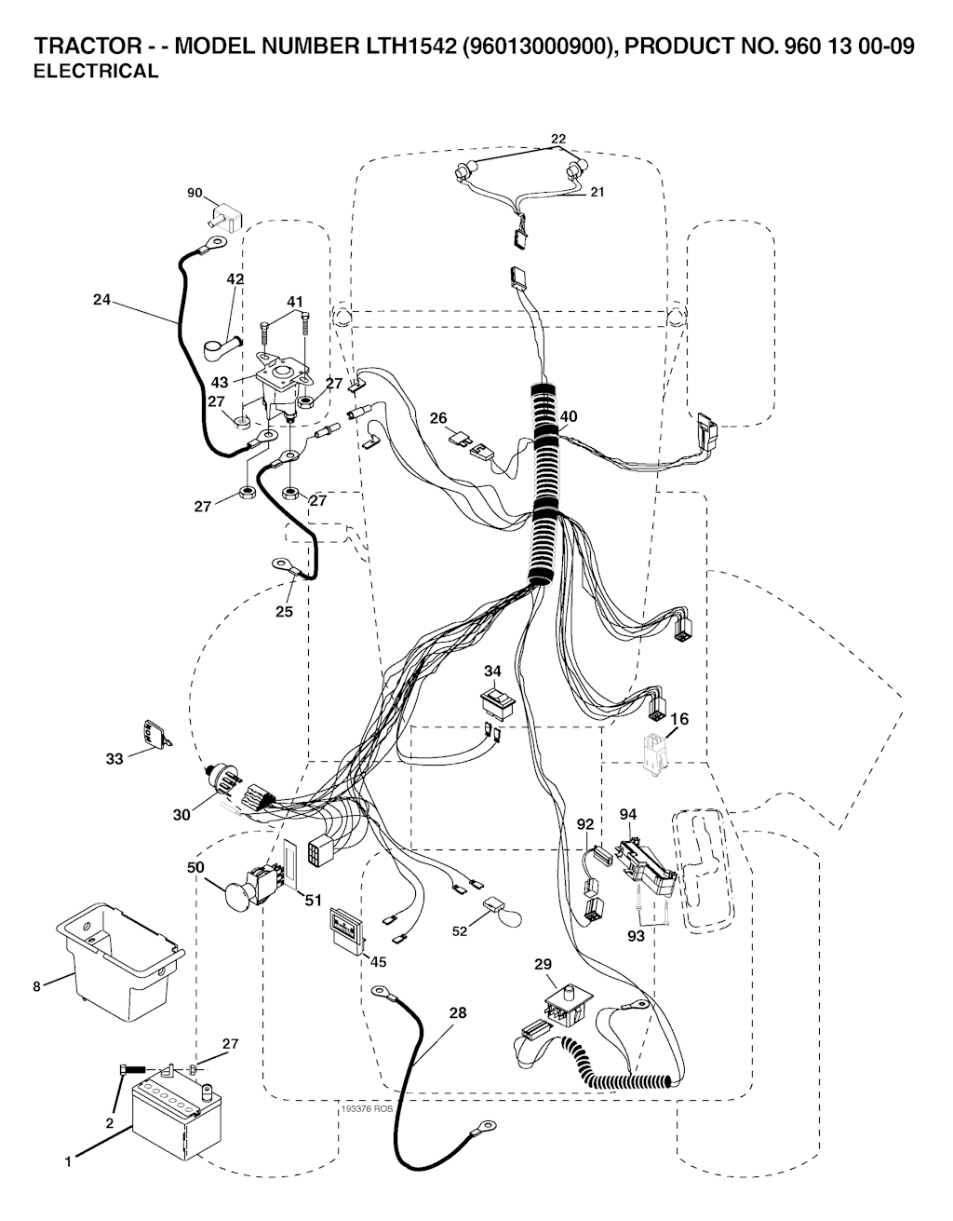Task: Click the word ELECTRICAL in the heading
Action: tap(96, 72)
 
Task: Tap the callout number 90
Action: tap(195, 193)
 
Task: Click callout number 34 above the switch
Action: tap(492, 671)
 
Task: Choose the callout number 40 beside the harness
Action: tap(569, 416)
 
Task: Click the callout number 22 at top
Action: tap(558, 139)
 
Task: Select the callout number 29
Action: tap(544, 963)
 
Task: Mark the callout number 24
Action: tap(101, 300)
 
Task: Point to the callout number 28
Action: tap(458, 1012)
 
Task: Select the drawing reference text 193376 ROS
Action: tap(368, 1110)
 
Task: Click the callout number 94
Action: tap(628, 814)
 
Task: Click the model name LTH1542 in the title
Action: tap(406, 47)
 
